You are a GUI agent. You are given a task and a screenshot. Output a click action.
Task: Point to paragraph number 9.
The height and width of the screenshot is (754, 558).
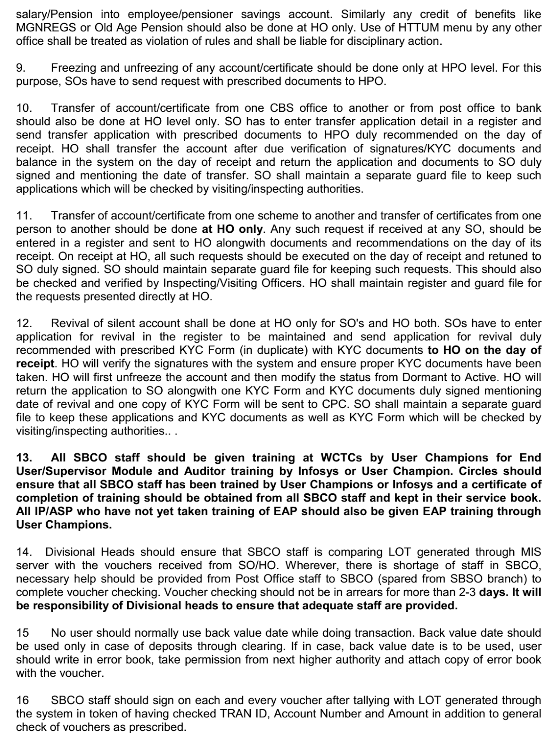pyautogui.click(x=21, y=68)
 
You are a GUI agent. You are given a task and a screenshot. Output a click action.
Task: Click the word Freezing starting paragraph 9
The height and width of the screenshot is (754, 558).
pyautogui.click(x=73, y=68)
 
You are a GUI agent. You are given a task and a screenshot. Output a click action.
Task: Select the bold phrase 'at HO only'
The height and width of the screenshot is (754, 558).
pyautogui.click(x=232, y=229)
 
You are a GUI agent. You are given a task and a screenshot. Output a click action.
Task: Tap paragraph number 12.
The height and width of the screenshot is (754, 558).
pyautogui.click(x=24, y=323)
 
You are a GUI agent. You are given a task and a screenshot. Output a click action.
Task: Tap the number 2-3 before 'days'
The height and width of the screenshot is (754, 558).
pyautogui.click(x=464, y=592)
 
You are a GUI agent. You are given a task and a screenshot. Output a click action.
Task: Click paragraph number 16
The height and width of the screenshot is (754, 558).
pyautogui.click(x=22, y=700)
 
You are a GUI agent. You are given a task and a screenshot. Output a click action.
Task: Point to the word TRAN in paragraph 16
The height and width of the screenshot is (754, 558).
pyautogui.click(x=234, y=713)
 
